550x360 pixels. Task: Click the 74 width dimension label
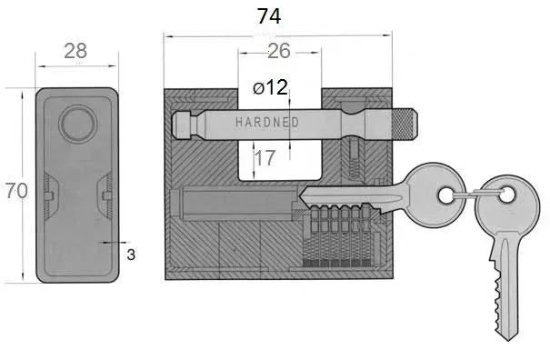(269, 16)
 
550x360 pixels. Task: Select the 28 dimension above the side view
(75, 51)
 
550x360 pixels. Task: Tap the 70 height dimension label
(16, 191)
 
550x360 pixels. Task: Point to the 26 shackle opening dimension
(279, 51)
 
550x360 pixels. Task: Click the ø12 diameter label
(270, 87)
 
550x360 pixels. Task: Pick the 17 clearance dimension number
(265, 158)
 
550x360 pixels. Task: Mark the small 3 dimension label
(131, 255)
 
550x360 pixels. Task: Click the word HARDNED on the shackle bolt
(267, 122)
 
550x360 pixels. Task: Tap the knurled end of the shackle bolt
(404, 123)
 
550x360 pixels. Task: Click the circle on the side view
(78, 124)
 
